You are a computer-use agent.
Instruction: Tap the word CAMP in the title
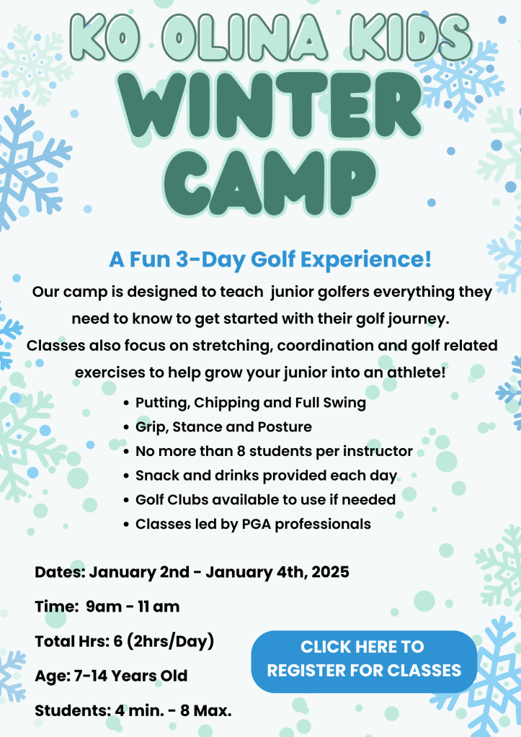point(270,183)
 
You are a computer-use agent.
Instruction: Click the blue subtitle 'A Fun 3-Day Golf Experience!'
point(270,259)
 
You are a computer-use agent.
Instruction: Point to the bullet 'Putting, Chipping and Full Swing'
point(251,403)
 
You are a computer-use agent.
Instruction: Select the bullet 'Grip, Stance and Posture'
point(223,426)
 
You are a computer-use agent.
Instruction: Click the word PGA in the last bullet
point(257,524)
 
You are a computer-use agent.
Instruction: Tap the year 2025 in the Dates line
point(330,572)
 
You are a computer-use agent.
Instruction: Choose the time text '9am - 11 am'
point(133,607)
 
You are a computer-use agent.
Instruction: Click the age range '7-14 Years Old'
point(130,676)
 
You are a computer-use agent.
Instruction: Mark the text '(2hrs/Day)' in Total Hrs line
point(170,642)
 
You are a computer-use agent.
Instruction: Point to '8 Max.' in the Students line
point(206,710)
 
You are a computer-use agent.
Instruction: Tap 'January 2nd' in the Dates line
point(139,572)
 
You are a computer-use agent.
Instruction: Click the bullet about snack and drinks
point(266,475)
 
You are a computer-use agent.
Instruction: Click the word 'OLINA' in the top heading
point(244,37)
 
